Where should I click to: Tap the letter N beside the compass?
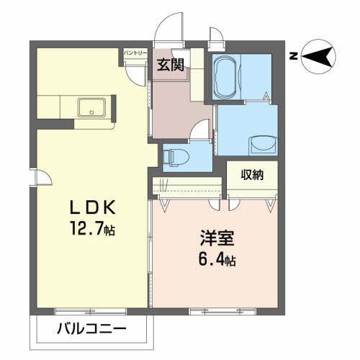[293, 56]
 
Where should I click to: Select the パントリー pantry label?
[135, 53]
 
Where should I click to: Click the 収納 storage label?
[251, 174]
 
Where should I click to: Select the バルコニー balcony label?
[91, 330]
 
